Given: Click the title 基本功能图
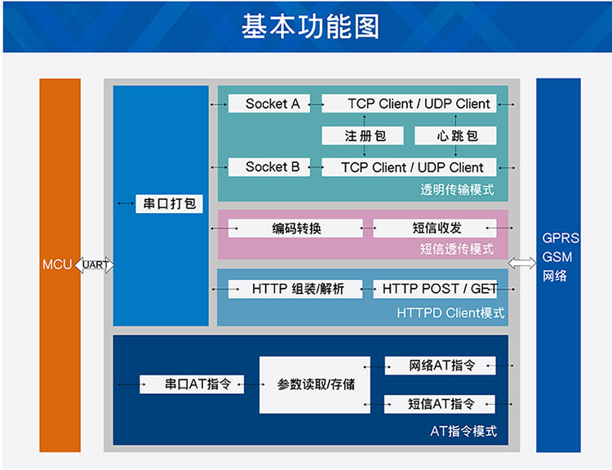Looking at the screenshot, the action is pyautogui.click(x=310, y=27).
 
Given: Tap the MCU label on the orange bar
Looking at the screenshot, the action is pyautogui.click(x=57, y=264).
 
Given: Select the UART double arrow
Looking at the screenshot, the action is pyautogui.click(x=95, y=265).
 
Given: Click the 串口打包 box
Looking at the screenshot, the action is pyautogui.click(x=169, y=203).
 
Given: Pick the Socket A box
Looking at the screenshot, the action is pyautogui.click(x=269, y=104).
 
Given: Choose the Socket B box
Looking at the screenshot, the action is pyautogui.click(x=269, y=167).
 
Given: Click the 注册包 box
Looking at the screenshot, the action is pyautogui.click(x=362, y=135).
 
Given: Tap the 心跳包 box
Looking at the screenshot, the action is pyautogui.click(x=455, y=135).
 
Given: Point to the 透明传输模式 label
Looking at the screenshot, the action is pyautogui.click(x=457, y=190).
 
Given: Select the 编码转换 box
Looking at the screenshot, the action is pyautogui.click(x=295, y=228).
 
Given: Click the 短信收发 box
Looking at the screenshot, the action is pyautogui.click(x=435, y=228).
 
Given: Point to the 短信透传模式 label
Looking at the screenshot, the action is pyautogui.click(x=457, y=249).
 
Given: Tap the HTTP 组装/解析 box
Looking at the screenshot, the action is pyautogui.click(x=295, y=289).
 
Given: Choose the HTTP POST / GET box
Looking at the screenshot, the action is pyautogui.click(x=435, y=289).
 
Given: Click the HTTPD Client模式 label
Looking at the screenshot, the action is pyautogui.click(x=450, y=313).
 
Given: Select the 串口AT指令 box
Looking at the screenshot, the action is pyautogui.click(x=192, y=384).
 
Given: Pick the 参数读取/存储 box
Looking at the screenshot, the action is pyautogui.click(x=315, y=384).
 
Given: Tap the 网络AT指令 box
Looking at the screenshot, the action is pyautogui.click(x=441, y=366).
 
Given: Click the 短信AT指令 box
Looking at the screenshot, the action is pyautogui.click(x=440, y=404).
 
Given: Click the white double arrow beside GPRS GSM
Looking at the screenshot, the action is pyautogui.click(x=522, y=263).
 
